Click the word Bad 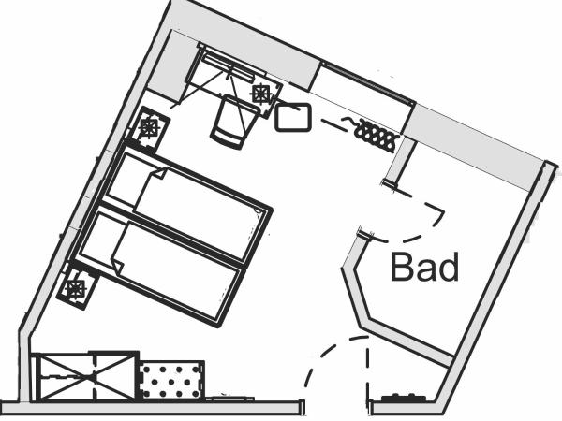(x=425, y=268)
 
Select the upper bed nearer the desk (x=187, y=206)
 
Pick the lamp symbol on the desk (x=261, y=93)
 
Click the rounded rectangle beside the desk (x=293, y=117)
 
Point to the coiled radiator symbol (x=375, y=135)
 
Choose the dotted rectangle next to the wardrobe (x=171, y=380)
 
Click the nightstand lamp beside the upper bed (x=150, y=126)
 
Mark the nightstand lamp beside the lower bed (x=75, y=287)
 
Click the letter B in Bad (x=402, y=268)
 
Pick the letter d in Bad (x=449, y=268)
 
